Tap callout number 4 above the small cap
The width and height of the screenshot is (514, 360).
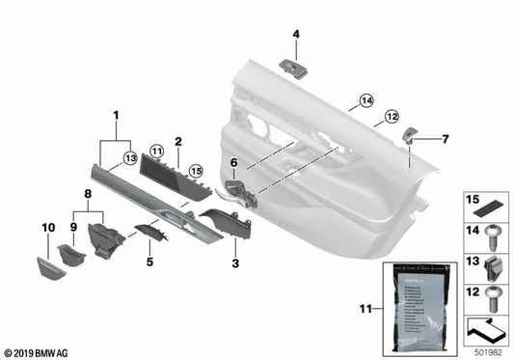296,36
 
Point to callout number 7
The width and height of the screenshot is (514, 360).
445,139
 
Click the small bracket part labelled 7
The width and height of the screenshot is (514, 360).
412,138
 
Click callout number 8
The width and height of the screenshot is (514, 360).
88,193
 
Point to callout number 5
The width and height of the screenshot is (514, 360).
149,260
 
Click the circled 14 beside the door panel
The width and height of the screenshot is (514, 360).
365,100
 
